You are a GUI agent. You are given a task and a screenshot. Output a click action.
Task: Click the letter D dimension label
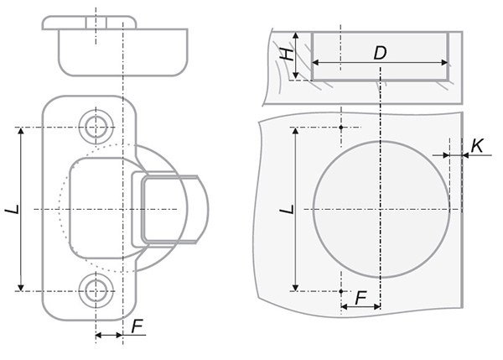380,53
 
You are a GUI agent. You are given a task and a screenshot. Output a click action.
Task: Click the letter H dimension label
287,55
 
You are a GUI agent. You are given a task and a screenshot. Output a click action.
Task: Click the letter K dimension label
477,146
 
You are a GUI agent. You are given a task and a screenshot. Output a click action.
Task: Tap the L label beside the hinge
13,210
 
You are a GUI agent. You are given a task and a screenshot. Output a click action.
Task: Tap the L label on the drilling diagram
287,209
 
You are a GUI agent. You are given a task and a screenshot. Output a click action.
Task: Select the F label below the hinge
137,326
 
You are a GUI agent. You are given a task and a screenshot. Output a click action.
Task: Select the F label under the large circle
360,299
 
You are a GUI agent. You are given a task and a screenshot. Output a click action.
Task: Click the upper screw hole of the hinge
96,127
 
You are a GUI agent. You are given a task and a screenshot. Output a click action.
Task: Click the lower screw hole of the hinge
96,290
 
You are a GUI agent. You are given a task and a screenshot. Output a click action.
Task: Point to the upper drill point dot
341,128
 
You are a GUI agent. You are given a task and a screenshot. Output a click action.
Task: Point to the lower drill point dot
341,291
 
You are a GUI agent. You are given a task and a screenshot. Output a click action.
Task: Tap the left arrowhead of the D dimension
315,63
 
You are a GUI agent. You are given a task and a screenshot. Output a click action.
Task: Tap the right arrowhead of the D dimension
444,63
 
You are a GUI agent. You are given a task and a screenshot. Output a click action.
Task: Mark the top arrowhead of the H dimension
296,35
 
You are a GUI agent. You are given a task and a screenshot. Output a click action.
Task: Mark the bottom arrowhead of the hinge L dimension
21,288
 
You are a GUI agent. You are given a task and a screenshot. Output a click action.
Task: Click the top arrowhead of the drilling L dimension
296,131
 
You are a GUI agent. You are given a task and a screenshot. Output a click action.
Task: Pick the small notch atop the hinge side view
96,23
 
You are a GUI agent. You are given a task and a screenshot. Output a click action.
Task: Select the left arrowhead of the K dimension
446,155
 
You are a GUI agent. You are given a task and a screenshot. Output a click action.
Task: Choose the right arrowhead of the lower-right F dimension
377,307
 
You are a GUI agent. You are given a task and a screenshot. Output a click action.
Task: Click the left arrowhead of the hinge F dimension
99,336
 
